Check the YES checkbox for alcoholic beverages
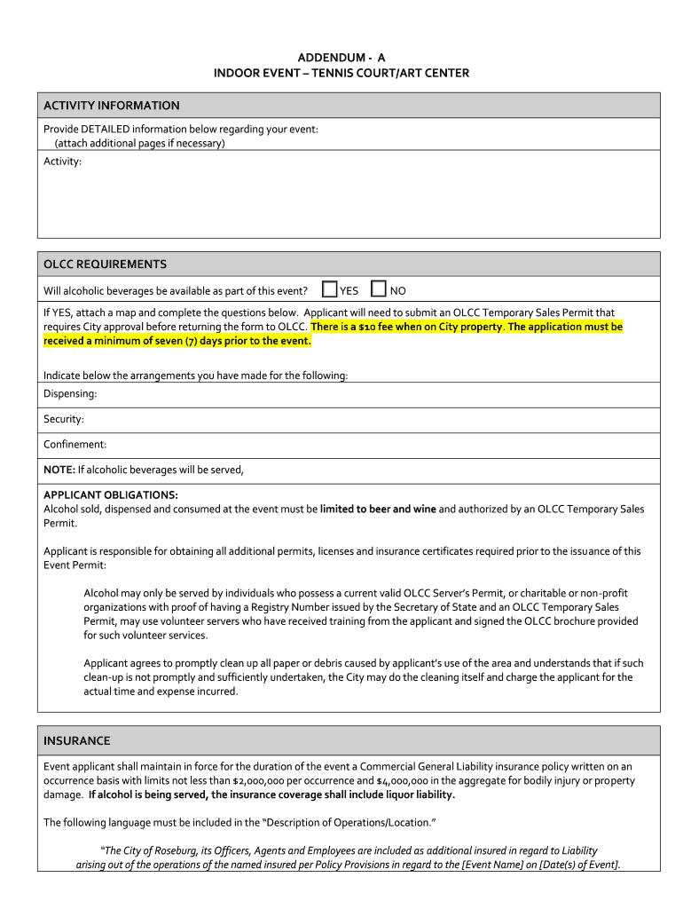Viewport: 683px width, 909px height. [x=330, y=289]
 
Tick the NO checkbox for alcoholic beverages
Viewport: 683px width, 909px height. [x=379, y=289]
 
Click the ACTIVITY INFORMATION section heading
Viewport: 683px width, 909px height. [x=112, y=106]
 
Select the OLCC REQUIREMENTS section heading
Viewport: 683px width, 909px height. [x=105, y=265]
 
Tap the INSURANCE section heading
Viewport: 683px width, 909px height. [x=77, y=740]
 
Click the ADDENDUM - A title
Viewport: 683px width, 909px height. [x=341, y=57]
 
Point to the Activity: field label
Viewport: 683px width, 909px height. [x=63, y=162]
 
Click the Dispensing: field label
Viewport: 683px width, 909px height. [x=70, y=393]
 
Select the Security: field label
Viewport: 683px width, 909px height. [x=64, y=419]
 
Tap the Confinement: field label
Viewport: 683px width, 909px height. [x=75, y=444]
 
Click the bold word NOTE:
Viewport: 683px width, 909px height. [x=59, y=470]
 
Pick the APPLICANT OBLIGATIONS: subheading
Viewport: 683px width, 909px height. [x=111, y=494]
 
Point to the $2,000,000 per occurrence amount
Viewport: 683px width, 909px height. [x=264, y=781]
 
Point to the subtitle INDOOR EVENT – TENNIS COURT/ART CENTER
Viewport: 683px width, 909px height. [x=341, y=73]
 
